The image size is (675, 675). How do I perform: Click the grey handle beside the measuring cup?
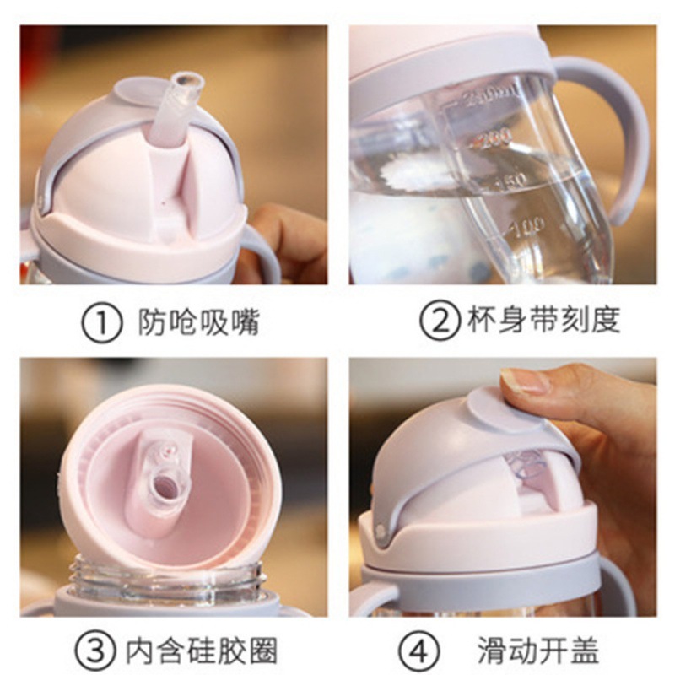click(x=620, y=135)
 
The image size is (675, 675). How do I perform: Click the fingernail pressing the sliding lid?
click(x=525, y=381)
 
